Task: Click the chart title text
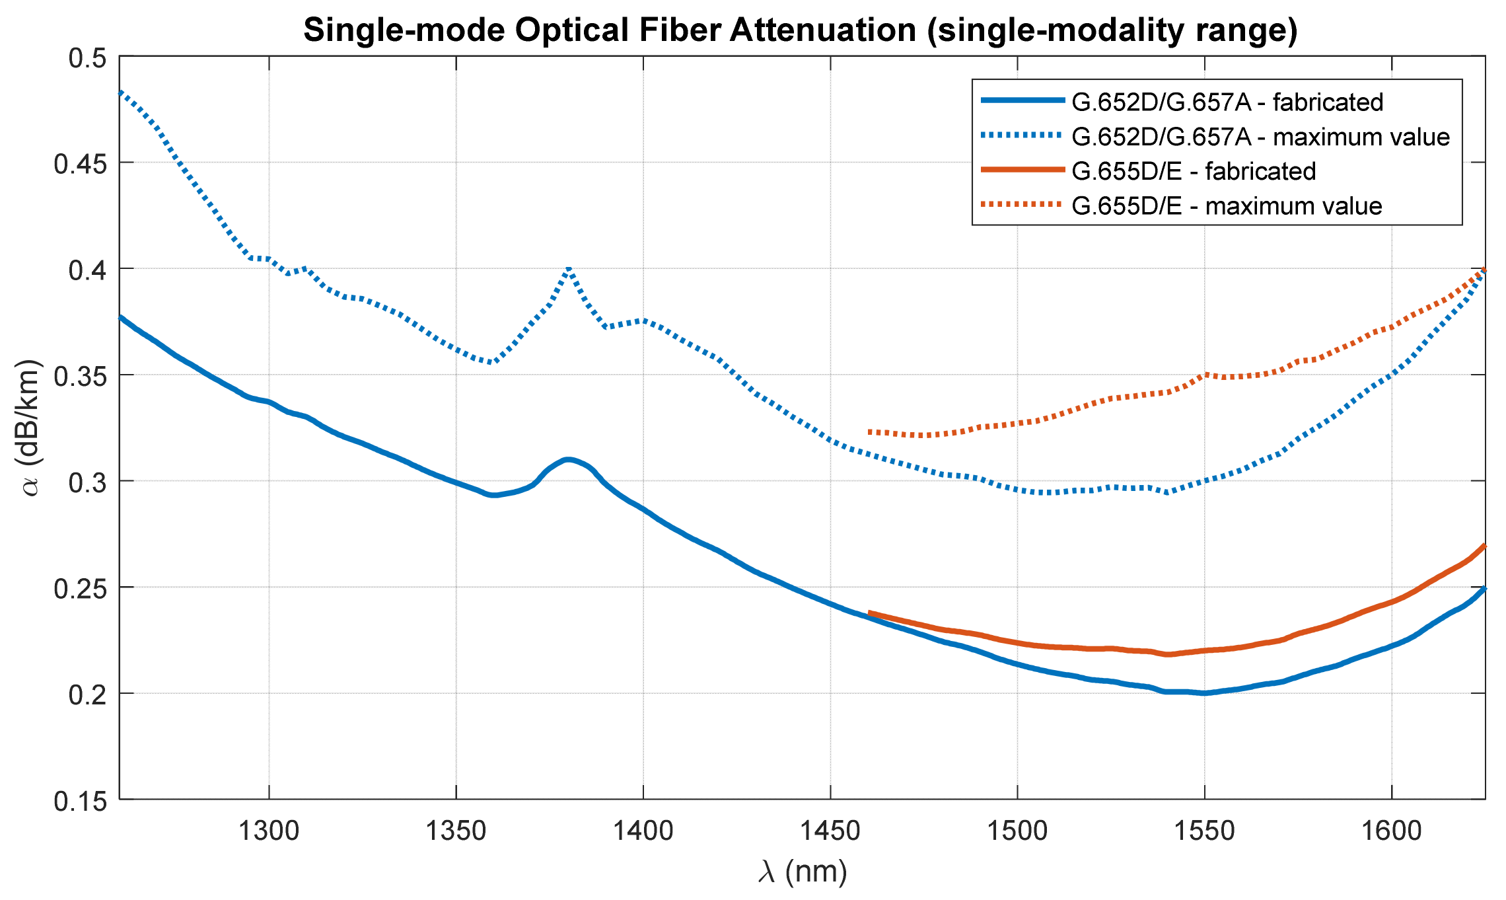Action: coord(801,30)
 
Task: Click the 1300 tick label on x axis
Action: coord(269,831)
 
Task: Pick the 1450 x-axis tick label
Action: coord(830,831)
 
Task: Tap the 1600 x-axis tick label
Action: coord(1391,831)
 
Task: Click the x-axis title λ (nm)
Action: coord(802,872)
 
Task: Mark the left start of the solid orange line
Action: coord(869,613)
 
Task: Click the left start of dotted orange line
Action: coord(869,431)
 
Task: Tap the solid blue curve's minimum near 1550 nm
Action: coord(1204,693)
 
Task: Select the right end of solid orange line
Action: coord(1485,546)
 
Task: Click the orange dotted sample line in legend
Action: coord(1022,205)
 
